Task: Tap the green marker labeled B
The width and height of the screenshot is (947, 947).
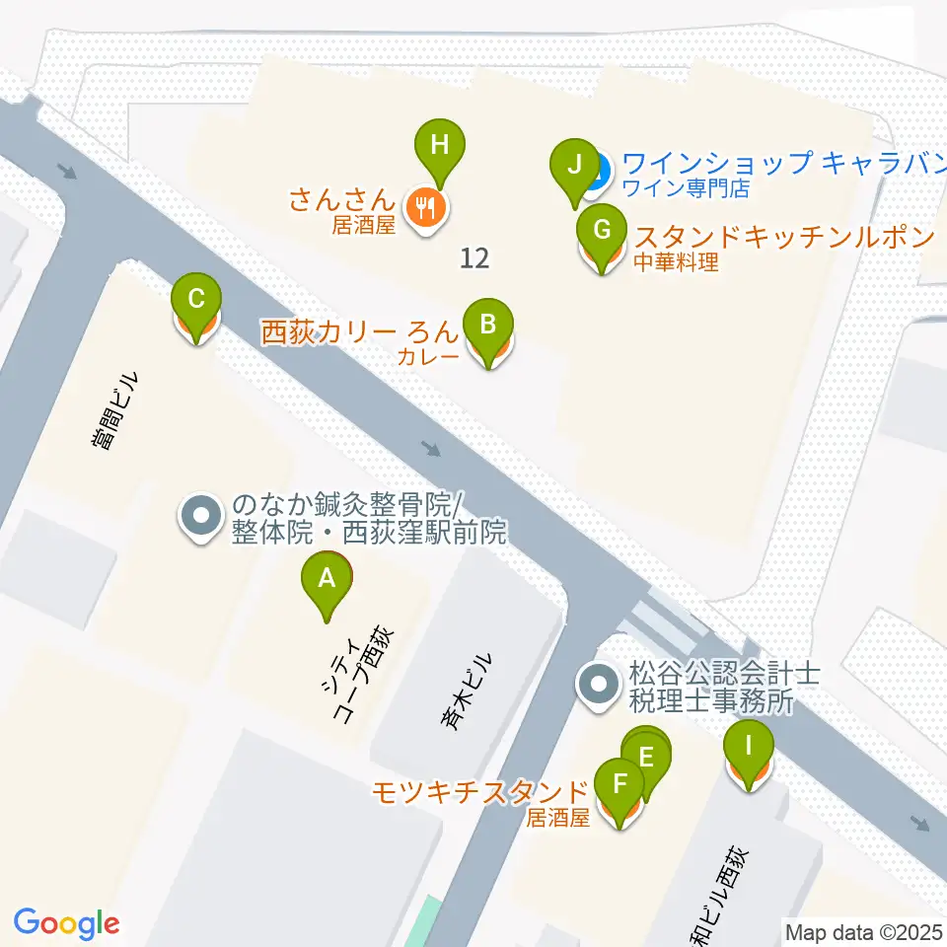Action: pos(488,326)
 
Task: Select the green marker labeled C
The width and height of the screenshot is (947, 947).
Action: pos(196,300)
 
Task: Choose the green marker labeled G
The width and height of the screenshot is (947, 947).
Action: pos(602,232)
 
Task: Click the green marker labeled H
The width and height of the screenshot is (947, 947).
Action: pos(440,147)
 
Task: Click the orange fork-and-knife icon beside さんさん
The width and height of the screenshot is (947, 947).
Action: pos(426,206)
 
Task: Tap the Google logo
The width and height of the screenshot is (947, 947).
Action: pos(67,923)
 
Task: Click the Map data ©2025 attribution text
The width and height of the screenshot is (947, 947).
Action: pos(864,931)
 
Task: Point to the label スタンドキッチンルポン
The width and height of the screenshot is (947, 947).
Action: pos(783,237)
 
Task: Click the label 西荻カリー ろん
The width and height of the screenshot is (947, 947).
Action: pos(360,331)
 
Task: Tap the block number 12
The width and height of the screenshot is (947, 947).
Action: pos(474,258)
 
